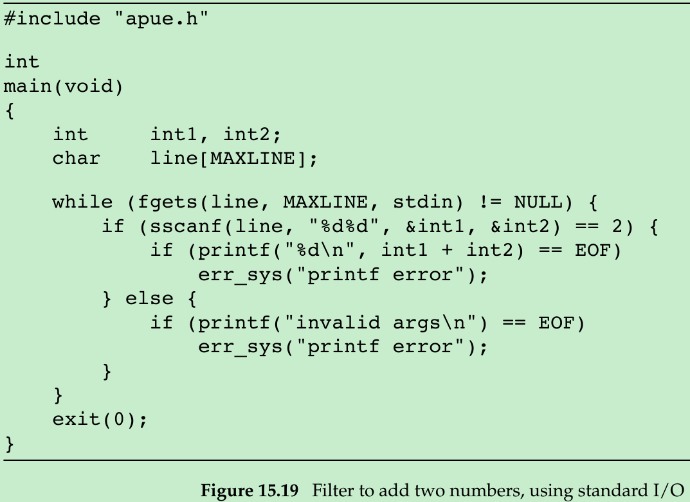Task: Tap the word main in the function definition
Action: point(28,86)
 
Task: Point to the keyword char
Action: point(77,158)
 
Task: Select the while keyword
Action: point(82,202)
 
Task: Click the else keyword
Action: point(149,299)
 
